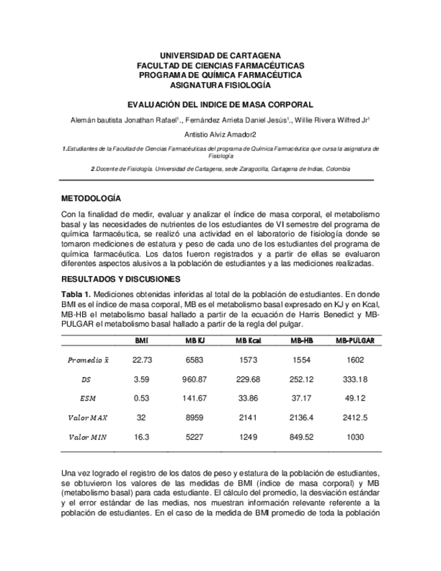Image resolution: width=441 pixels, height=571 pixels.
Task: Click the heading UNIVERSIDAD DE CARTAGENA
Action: pos(220,55)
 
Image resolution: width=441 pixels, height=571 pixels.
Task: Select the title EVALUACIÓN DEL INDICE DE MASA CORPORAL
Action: pos(220,105)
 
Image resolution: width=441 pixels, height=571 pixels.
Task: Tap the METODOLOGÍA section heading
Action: pos(91,199)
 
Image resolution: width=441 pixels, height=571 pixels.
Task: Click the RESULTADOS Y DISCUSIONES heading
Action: pos(121,279)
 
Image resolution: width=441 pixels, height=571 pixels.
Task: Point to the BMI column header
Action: pos(141,341)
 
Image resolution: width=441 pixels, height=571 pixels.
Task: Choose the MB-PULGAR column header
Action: pos(355,341)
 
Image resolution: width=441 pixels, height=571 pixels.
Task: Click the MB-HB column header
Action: pos(301,341)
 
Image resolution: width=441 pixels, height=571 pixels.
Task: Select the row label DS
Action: pos(86,379)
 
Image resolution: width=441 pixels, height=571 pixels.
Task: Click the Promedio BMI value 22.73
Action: pos(141,360)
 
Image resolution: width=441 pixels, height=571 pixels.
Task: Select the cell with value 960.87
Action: pos(194,379)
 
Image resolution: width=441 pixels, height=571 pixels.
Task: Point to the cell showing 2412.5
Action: pos(355,417)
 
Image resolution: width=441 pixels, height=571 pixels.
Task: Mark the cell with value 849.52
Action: pos(301,437)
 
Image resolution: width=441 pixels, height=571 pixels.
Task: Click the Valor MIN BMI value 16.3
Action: pos(141,437)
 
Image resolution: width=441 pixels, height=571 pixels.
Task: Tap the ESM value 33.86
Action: pos(248,398)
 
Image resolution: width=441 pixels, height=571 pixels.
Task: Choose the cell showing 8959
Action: pos(194,417)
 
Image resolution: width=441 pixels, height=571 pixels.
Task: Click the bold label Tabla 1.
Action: pos(75,294)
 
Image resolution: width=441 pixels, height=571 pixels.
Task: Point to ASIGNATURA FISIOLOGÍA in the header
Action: pos(220,86)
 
